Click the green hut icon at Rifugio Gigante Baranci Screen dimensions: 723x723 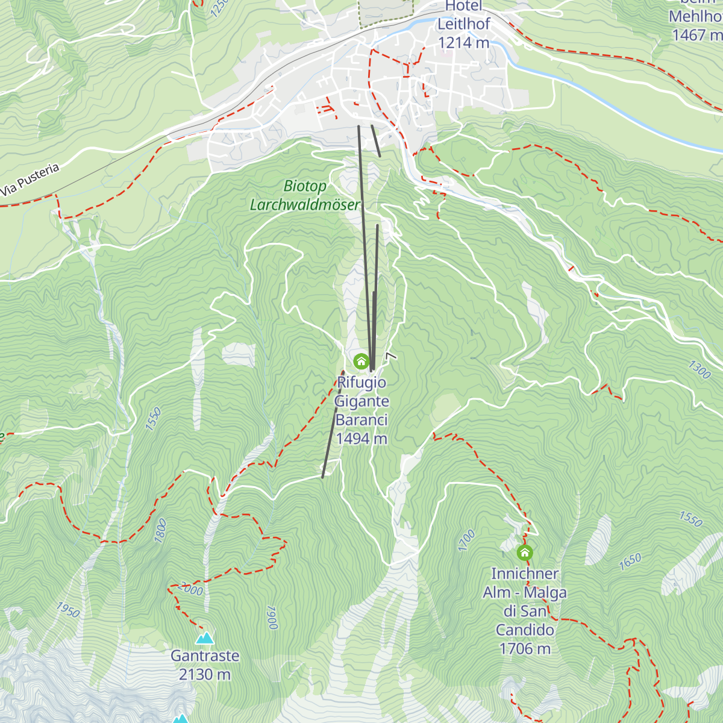tap(361, 361)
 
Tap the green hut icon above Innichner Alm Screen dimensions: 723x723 tap(525, 552)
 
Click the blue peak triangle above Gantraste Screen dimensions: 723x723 tap(205, 638)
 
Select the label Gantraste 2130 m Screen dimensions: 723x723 tap(205, 665)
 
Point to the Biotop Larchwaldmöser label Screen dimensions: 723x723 tap(305, 196)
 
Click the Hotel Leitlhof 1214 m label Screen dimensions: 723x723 tap(463, 25)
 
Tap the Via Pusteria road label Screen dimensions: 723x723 tap(31, 179)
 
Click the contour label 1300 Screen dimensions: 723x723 tap(699, 369)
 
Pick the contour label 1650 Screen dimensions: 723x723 tap(630, 562)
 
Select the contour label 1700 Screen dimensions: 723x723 tap(466, 540)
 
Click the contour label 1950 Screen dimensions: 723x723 tap(68, 610)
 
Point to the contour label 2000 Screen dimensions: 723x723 tap(191, 590)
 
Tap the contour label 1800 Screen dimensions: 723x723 tap(160, 531)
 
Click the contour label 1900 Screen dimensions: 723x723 tap(272, 618)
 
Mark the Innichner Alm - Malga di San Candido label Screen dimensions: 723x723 tap(525, 611)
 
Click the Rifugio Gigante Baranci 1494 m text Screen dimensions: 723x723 tap(361, 410)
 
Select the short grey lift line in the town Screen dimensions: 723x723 tap(376, 141)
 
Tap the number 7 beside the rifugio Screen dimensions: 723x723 tap(392, 357)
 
